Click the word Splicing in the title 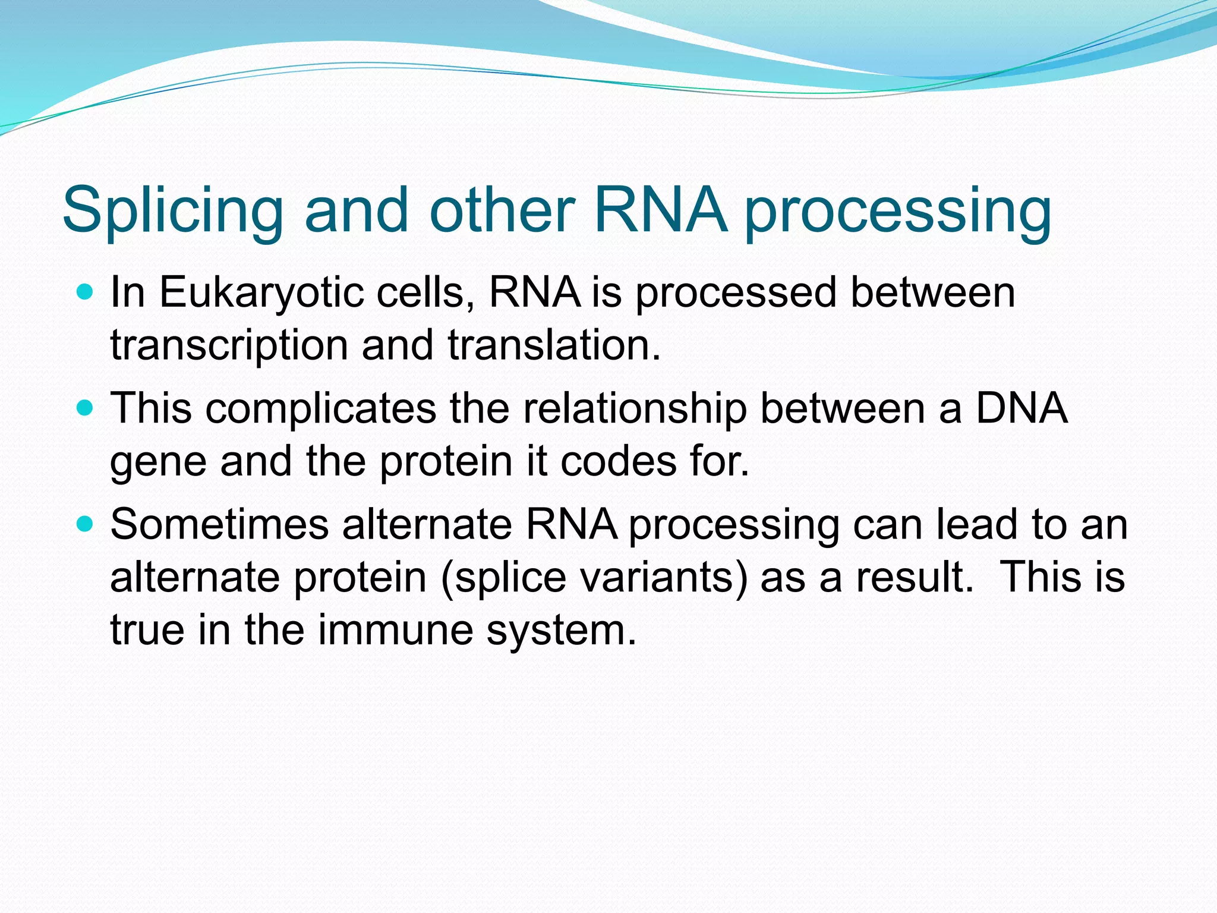click(173, 211)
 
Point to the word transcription click(229, 347)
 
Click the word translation click(554, 345)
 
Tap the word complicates click(321, 410)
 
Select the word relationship click(635, 410)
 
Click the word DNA click(1021, 408)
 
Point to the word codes click(619, 462)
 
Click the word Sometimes click(219, 525)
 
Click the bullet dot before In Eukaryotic click(86, 292)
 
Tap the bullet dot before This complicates click(86, 408)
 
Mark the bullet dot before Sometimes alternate click(86, 524)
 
